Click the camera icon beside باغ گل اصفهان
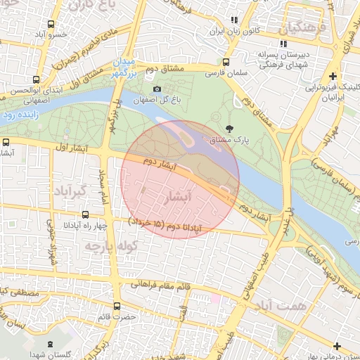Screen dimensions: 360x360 [157, 89]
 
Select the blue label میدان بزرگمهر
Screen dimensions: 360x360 [127, 67]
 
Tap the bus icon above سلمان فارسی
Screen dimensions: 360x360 [225, 62]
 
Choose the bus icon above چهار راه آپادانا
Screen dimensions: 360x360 [85, 214]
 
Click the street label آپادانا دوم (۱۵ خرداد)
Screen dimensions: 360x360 [166, 224]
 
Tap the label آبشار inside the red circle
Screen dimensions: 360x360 [176, 198]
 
